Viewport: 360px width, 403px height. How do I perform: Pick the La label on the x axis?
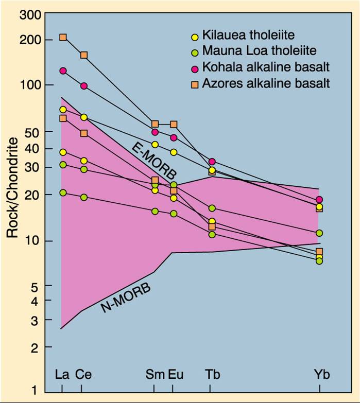click(x=62, y=374)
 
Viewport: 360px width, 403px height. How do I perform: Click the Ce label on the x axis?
click(x=83, y=374)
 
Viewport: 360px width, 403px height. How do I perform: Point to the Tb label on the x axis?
click(x=212, y=374)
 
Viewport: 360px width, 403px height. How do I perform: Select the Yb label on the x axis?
click(x=321, y=374)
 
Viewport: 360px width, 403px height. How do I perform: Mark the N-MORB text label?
click(x=126, y=298)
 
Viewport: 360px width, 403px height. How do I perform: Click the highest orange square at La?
click(x=63, y=37)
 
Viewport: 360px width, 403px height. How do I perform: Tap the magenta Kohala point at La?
click(x=63, y=71)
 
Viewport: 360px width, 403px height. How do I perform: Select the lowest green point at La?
click(x=63, y=192)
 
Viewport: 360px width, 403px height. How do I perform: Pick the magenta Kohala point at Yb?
click(x=319, y=200)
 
